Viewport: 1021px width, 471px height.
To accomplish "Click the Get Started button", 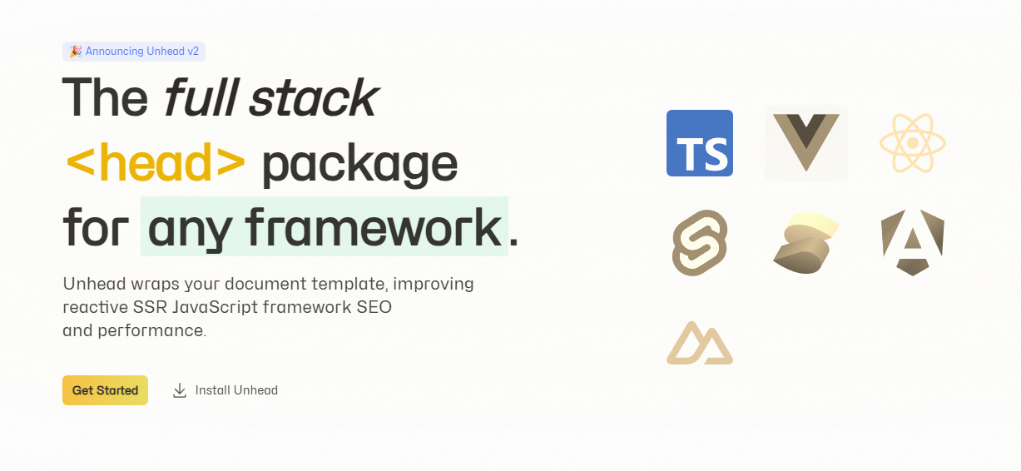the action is (106, 390).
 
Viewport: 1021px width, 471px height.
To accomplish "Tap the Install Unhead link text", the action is (236, 390).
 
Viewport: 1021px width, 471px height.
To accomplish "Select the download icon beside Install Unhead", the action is (180, 391).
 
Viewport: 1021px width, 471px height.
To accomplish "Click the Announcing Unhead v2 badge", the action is (134, 52).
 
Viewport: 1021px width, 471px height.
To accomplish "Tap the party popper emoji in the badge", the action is (76, 52).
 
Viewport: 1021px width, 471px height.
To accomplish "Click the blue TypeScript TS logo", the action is (700, 143).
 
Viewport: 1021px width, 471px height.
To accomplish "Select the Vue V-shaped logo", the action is (805, 142).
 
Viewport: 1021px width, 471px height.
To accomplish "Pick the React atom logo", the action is (913, 143).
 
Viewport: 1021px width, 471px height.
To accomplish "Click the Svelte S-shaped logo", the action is (700, 242).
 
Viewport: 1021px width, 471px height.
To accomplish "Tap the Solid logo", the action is (805, 242).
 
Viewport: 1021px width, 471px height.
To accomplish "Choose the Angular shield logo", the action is (913, 242).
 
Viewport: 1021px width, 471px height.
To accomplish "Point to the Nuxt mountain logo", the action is (700, 343).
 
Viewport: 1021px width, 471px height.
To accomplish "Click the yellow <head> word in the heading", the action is (156, 162).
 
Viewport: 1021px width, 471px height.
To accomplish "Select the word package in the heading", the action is (360, 165).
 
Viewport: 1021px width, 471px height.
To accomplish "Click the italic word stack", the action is (314, 97).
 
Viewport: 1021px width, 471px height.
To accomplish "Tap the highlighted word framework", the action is (374, 227).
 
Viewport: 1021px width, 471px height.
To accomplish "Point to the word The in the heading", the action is (106, 97).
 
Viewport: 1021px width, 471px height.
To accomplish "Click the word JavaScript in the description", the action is (216, 307).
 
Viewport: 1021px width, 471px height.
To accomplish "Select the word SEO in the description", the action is (374, 307).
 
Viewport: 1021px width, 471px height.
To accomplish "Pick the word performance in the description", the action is (151, 331).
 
